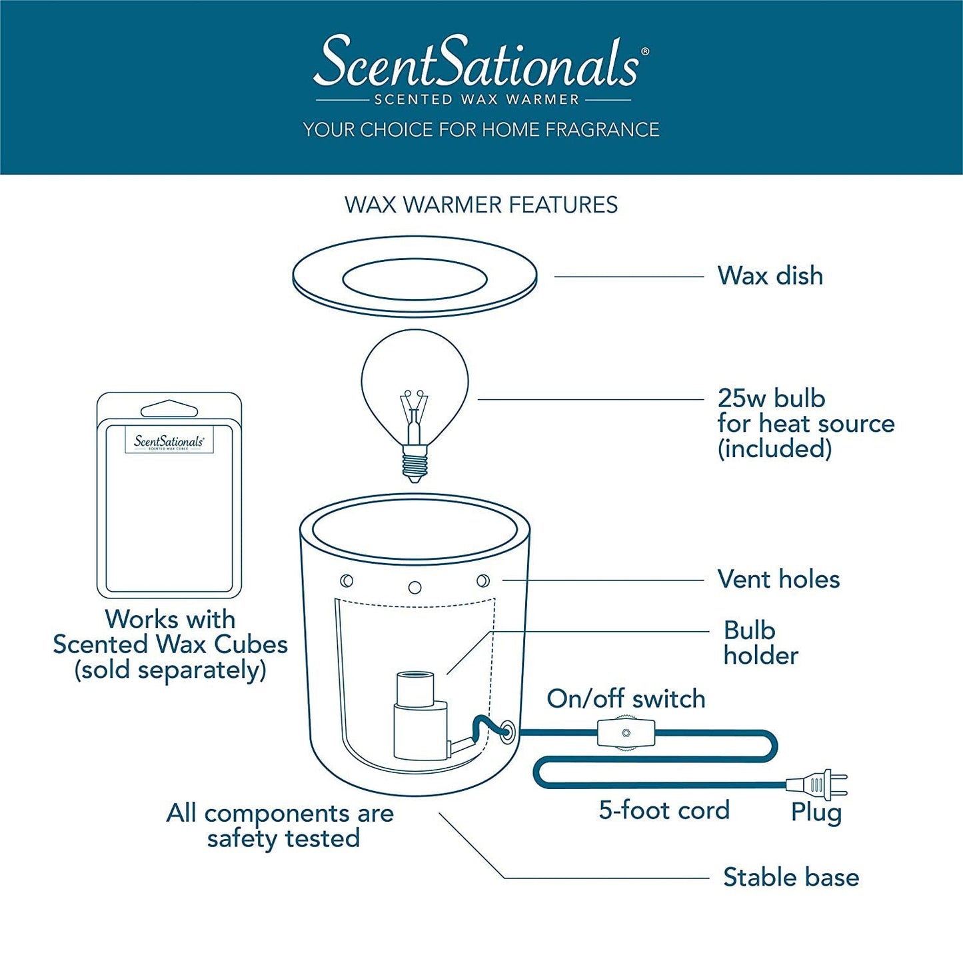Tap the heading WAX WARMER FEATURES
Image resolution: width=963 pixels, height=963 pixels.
[481, 205]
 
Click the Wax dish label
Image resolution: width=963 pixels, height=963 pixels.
[770, 276]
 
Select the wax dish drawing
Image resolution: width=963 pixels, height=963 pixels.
[415, 277]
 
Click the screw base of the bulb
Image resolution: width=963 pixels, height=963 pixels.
[415, 464]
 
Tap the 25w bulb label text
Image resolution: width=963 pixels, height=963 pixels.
[804, 423]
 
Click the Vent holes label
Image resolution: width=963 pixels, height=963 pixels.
[778, 579]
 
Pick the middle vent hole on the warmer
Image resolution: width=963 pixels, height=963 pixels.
[415, 588]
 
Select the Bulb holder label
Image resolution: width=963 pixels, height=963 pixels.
[760, 643]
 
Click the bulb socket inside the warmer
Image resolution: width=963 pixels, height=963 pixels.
[420, 716]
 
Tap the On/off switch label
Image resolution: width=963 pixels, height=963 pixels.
[626, 698]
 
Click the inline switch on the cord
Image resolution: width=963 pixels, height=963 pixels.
[626, 733]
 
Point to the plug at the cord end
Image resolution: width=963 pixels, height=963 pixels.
[816, 784]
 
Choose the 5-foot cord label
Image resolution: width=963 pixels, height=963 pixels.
[664, 810]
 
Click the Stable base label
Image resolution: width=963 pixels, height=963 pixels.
[791, 877]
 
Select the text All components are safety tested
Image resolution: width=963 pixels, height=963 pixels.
[281, 826]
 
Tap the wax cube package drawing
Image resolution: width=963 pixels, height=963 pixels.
[169, 496]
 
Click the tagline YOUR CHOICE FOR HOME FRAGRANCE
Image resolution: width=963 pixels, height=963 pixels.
[481, 129]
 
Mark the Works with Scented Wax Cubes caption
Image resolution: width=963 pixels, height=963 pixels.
[170, 644]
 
